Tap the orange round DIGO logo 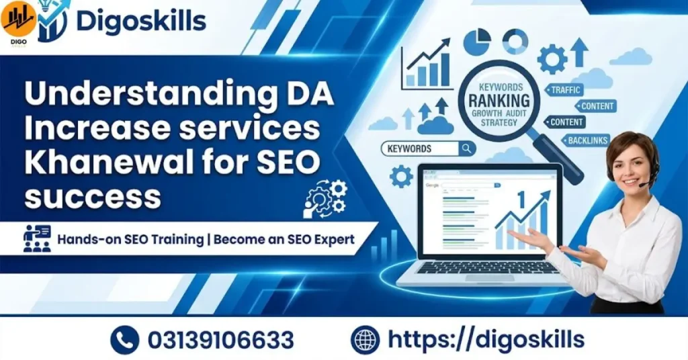point(18,20)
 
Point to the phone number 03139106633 point(221,339)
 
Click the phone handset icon point(124,339)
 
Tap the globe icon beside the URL point(365,339)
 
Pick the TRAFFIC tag point(566,89)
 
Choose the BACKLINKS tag point(587,140)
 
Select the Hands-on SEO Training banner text point(206,239)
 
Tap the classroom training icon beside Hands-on point(38,238)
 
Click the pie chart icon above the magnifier point(477,42)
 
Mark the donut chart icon point(515,42)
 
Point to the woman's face point(630,162)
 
